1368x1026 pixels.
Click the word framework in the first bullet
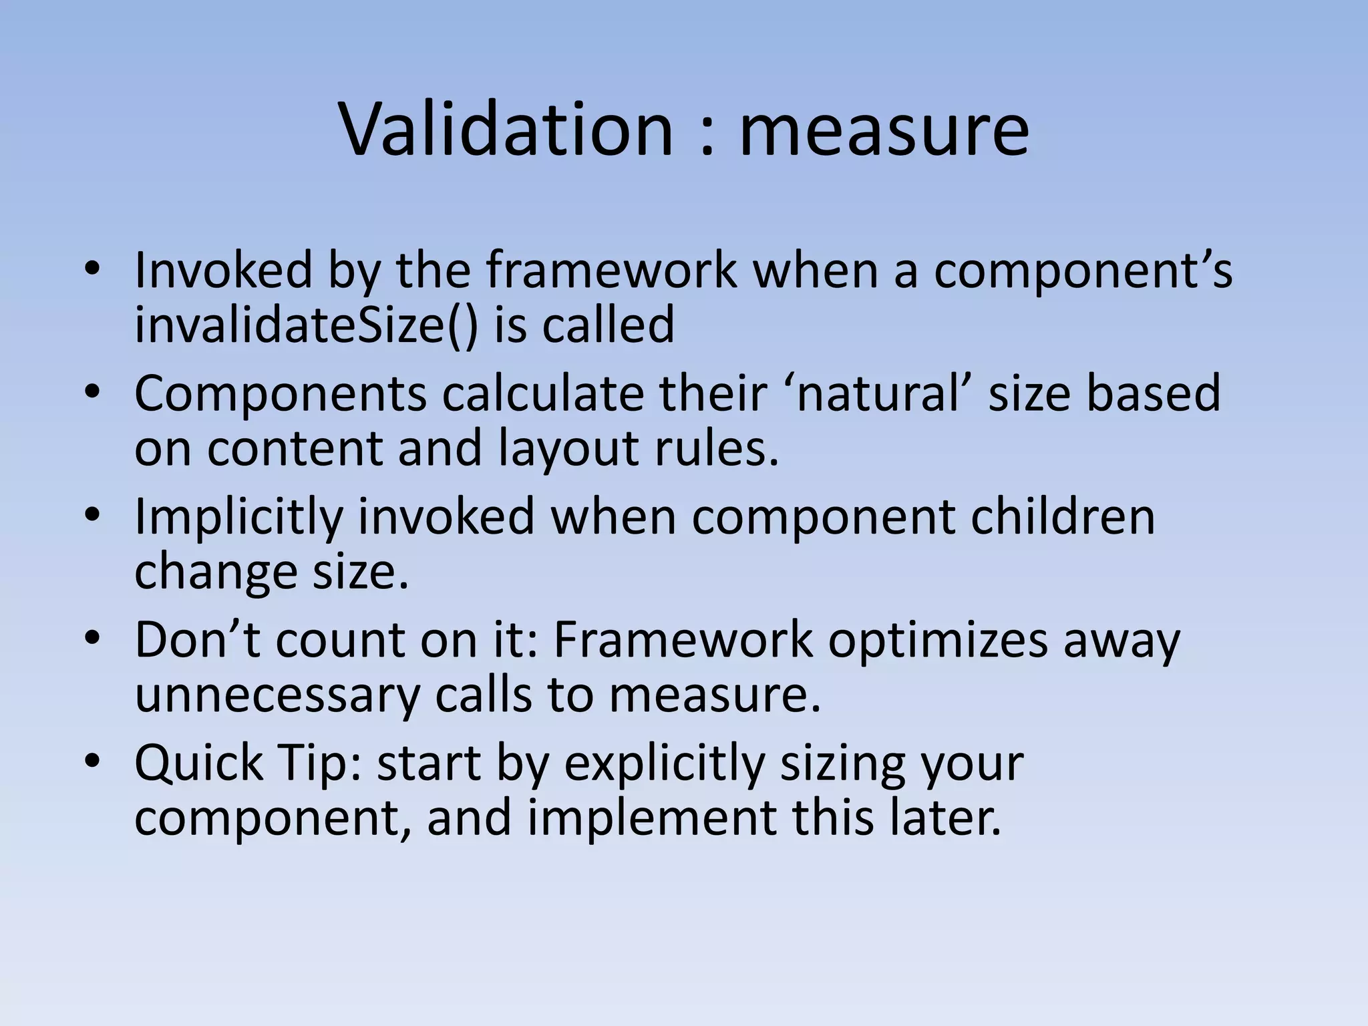611,270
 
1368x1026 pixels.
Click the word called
607,325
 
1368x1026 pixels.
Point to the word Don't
197,639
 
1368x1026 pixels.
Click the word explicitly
664,763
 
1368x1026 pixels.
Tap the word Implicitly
238,518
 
